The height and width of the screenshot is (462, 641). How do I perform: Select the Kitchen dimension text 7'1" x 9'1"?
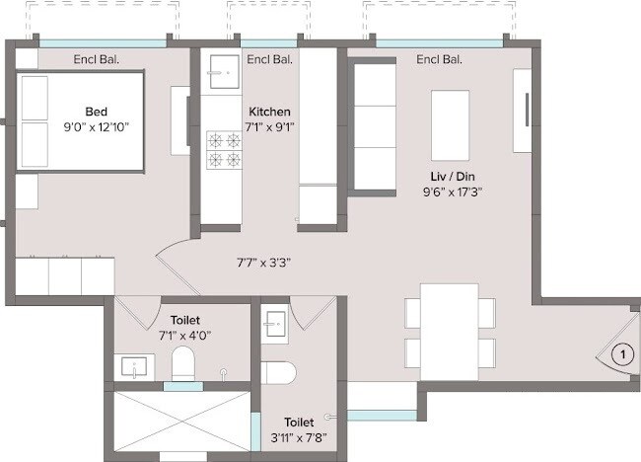[269, 127]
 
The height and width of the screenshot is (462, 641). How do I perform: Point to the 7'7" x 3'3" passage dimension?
[262, 263]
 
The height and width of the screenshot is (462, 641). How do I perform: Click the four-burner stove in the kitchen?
[223, 149]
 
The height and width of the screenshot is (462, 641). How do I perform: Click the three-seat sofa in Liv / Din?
[374, 116]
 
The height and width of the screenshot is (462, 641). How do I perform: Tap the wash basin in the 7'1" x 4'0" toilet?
[131, 367]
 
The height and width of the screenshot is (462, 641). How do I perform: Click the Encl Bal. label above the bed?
[96, 59]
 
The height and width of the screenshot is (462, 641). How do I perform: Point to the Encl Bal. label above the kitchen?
[268, 59]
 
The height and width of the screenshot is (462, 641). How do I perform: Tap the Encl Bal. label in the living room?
[439, 59]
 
